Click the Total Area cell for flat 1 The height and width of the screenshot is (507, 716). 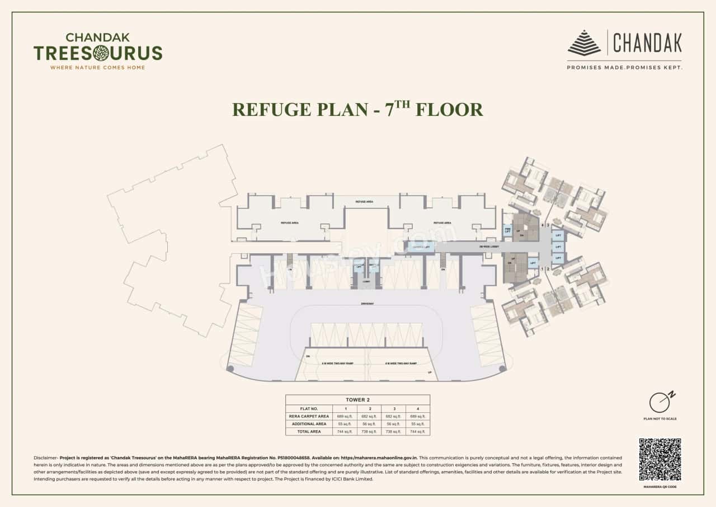(345, 431)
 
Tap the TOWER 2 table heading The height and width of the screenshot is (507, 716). (357, 399)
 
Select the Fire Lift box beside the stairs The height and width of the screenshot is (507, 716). (508, 230)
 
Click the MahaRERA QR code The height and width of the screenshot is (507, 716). (660, 459)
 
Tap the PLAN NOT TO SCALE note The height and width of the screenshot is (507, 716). (660, 419)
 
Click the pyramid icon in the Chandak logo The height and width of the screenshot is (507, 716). (584, 43)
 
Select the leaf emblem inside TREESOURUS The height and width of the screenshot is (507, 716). (101, 53)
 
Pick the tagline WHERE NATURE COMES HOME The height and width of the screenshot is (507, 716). (98, 67)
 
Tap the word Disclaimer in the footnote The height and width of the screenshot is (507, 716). (45, 458)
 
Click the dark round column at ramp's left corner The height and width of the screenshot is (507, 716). (230, 369)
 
